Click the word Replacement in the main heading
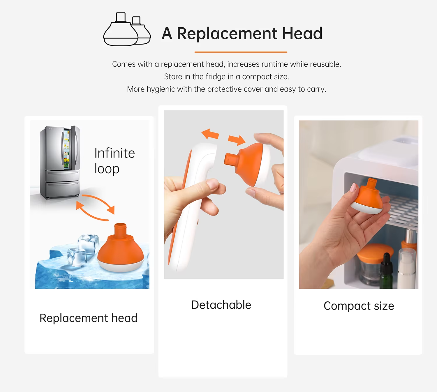click(x=227, y=33)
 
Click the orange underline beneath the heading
click(x=241, y=52)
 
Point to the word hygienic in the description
click(x=161, y=89)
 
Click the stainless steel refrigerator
click(x=60, y=162)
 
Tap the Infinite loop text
click(x=114, y=160)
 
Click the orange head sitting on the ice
click(x=120, y=249)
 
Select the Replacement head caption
click(x=88, y=318)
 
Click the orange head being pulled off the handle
click(x=246, y=163)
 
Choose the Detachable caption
click(x=221, y=305)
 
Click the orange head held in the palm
click(x=368, y=197)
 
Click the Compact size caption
click(x=359, y=306)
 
